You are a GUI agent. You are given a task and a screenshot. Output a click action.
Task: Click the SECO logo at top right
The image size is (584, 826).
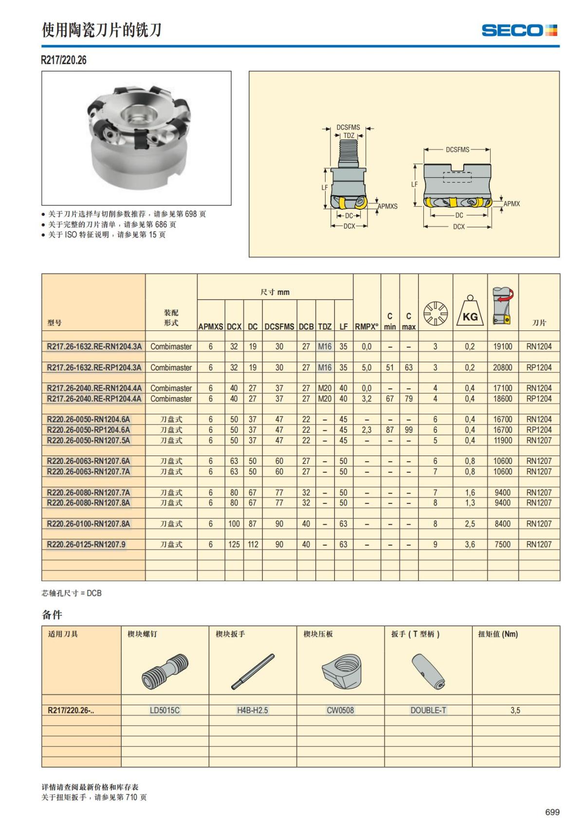pos(519,31)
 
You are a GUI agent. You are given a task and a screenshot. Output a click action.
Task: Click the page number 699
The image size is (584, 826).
pos(552,812)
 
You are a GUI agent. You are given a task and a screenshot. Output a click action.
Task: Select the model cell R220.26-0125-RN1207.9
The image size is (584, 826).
pos(86,544)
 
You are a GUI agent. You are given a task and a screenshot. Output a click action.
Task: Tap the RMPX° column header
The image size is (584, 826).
pos(366,327)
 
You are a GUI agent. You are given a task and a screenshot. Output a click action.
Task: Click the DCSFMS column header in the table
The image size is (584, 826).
pos(279,327)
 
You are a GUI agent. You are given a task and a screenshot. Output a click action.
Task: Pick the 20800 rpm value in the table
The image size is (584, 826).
pos(502,367)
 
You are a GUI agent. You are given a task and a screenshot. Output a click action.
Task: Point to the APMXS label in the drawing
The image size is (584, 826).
pos(388,206)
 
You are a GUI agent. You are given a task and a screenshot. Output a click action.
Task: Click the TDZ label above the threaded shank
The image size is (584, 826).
pos(349,136)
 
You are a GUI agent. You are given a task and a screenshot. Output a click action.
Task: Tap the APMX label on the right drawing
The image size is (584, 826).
pos(511,204)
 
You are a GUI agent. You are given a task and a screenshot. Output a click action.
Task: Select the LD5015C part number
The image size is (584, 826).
pos(164,710)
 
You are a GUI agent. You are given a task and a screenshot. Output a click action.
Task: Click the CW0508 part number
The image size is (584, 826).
pos(340,710)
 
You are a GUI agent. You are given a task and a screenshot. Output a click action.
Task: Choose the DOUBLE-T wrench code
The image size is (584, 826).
pos(428,710)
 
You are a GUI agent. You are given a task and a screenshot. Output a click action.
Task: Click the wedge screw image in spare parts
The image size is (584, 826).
pos(164,672)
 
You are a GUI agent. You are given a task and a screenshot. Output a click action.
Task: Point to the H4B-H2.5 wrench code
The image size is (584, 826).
pos(252,710)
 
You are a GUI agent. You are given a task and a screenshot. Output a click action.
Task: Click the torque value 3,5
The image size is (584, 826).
pos(515,710)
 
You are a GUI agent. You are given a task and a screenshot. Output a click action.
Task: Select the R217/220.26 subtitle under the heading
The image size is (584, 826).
pos(64,60)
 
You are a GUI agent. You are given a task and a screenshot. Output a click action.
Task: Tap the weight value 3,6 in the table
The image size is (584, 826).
pos(470,544)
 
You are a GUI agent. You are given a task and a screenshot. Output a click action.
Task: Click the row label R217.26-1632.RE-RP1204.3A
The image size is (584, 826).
pos(94,367)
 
